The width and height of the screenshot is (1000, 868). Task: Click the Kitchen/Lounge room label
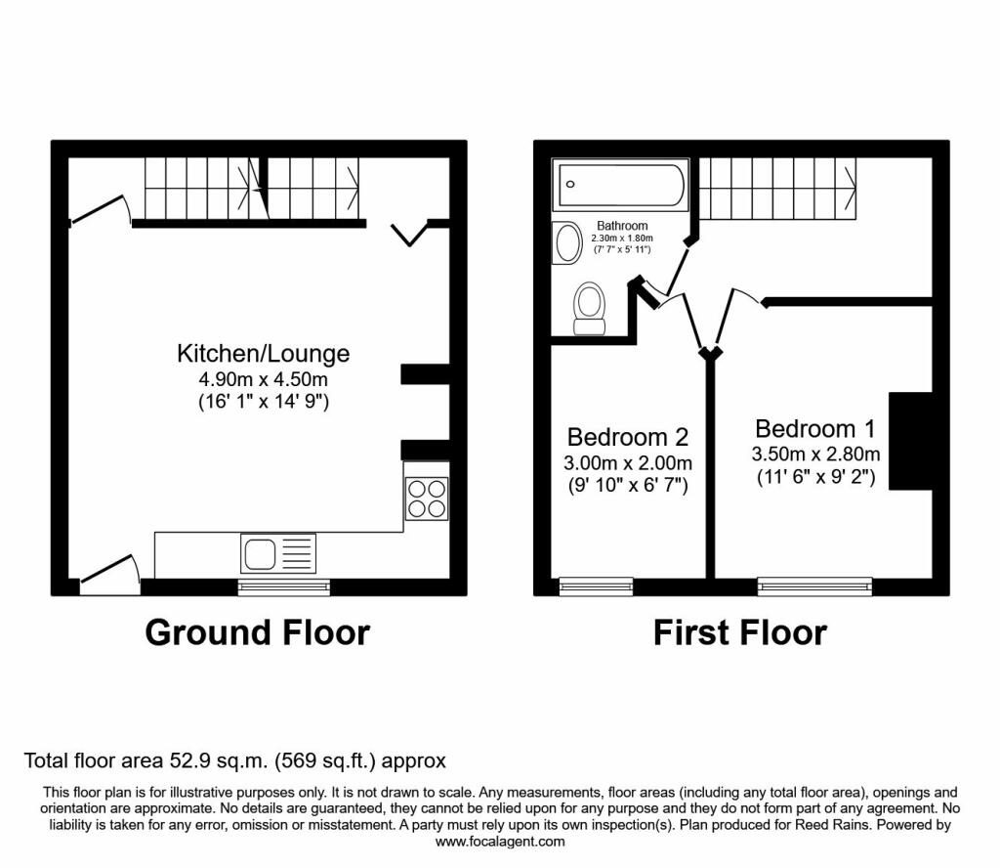264,354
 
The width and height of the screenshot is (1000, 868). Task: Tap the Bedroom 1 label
815,429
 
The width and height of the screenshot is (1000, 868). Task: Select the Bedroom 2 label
628,437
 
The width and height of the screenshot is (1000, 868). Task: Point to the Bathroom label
622,226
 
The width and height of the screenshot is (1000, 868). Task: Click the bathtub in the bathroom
620,185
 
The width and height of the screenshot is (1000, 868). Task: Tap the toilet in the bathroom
589,308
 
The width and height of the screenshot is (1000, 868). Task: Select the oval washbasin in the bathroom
567,242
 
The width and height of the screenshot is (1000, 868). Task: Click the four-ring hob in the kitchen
427,499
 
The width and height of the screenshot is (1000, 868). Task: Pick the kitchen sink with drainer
278,552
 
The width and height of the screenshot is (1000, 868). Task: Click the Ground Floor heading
258,632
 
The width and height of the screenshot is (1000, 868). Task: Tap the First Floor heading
740,632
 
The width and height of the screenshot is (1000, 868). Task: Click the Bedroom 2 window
597,586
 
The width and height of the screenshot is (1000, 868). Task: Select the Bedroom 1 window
814,586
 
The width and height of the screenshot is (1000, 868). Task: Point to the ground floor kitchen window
284,586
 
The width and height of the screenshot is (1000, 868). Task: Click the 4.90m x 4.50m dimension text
264,379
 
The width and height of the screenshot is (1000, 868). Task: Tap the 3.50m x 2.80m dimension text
815,455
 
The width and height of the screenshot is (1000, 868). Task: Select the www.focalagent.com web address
500,842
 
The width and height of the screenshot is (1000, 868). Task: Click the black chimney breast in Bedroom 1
911,441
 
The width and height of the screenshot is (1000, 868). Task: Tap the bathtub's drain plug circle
570,185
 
